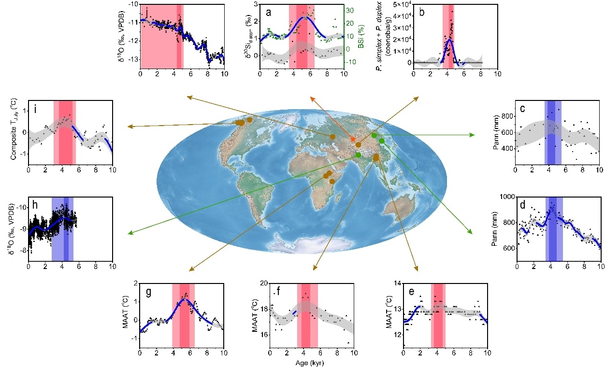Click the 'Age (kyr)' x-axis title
click(311, 363)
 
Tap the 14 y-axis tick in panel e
click(397, 283)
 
